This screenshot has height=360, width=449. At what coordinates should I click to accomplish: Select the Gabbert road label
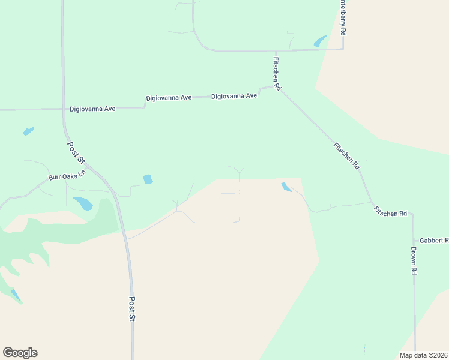433,240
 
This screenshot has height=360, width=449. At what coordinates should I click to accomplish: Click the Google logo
20,353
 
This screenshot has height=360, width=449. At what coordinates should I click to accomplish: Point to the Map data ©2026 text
423,355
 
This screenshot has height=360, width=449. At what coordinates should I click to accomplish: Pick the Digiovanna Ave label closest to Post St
92,109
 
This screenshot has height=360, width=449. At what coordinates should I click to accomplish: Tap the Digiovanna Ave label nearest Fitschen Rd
234,95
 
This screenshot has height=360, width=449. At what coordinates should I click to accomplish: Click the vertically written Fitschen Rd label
277,73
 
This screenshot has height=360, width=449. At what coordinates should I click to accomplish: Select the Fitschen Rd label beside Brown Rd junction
390,212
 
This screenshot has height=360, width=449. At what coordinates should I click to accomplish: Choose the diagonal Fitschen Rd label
346,155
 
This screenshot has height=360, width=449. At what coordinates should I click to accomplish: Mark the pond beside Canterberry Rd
320,41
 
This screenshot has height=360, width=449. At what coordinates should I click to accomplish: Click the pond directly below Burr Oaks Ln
83,203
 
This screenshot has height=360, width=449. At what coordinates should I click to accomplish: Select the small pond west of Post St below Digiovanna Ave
28,131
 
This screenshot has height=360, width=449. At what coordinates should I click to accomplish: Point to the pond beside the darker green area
15,295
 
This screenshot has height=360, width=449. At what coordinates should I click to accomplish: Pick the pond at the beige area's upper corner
286,187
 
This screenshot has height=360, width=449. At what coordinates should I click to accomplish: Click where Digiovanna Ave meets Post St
64,109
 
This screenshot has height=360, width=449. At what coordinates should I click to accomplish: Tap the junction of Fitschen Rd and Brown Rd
412,214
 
